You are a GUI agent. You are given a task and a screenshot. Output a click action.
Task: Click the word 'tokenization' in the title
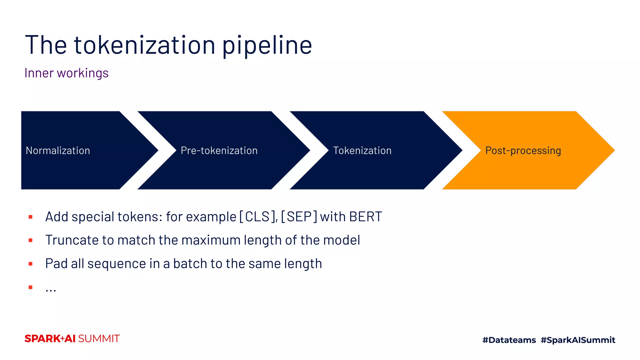[x=144, y=45]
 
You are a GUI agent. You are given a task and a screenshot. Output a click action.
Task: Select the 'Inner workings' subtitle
[x=66, y=73]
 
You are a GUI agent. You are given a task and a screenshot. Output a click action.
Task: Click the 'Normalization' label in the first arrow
[x=58, y=151]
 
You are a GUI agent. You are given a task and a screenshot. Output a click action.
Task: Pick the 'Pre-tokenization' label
[x=219, y=151]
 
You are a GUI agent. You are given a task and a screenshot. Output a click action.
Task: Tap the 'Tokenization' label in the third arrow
[x=362, y=151]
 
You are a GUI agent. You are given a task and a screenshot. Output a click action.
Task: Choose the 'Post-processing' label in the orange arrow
[x=523, y=151]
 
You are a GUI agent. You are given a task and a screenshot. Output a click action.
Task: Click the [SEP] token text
[x=299, y=217]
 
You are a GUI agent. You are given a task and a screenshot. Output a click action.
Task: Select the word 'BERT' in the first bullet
[x=365, y=217]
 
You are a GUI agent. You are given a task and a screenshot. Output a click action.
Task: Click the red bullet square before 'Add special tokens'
[x=31, y=217]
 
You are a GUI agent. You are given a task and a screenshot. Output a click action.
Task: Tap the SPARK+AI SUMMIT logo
[x=72, y=339]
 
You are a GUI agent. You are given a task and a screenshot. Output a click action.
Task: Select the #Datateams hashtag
[x=509, y=340]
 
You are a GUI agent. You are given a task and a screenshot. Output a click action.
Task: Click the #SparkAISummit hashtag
[x=578, y=340]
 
